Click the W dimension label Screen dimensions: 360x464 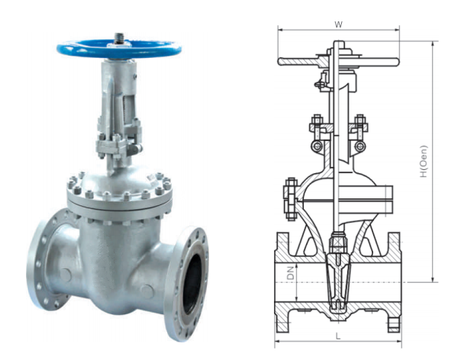(338, 24)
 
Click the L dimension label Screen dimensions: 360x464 (337, 336)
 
